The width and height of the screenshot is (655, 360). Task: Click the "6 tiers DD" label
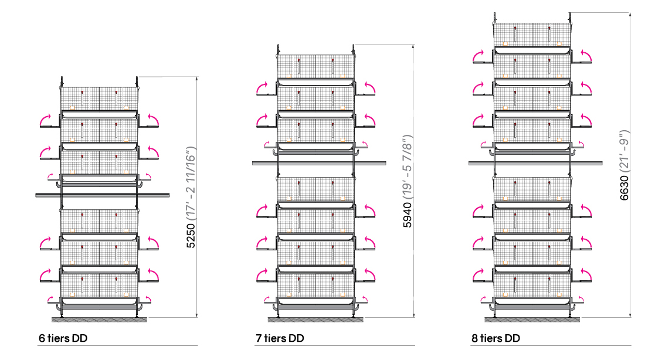(x=63, y=338)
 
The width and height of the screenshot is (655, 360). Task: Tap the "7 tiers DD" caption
(x=280, y=338)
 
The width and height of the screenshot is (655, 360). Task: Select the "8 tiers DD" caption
(x=496, y=338)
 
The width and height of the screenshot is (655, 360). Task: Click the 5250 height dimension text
(x=191, y=236)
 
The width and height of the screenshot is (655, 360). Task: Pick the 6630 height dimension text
(x=624, y=188)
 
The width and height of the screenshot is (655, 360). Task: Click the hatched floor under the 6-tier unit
(x=100, y=320)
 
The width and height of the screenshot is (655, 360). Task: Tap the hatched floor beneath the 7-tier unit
(x=315, y=320)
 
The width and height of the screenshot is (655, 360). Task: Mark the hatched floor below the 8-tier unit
(x=532, y=320)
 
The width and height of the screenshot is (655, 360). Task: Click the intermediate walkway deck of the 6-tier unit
(x=103, y=195)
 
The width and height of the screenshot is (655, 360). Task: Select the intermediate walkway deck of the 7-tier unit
(x=319, y=164)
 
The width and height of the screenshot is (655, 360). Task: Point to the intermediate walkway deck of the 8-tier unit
(x=535, y=164)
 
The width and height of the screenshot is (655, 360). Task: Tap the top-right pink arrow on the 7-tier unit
(x=369, y=88)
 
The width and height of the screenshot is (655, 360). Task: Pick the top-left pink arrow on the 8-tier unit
(x=478, y=56)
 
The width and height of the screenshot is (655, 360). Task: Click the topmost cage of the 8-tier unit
(x=532, y=34)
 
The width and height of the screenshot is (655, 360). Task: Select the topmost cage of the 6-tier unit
(x=100, y=99)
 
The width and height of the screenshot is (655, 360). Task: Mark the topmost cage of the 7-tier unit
(x=316, y=66)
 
